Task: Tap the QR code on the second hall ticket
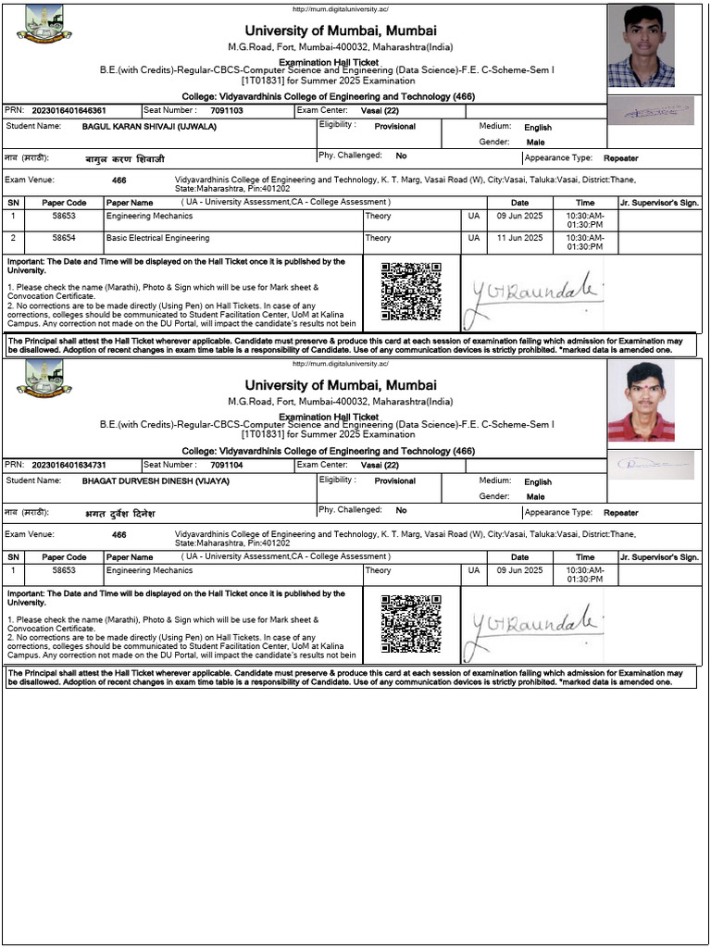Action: click(x=411, y=624)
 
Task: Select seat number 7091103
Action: click(x=227, y=110)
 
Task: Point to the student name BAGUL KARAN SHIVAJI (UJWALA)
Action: click(x=149, y=126)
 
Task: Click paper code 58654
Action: click(x=64, y=238)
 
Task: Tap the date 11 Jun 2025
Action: click(x=519, y=238)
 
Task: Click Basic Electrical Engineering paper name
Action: click(x=157, y=238)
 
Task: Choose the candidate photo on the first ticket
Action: click(x=641, y=45)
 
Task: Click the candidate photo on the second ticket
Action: click(x=641, y=401)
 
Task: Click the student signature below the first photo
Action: click(x=656, y=111)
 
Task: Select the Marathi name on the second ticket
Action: click(x=119, y=513)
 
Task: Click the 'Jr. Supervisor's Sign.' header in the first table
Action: click(x=659, y=202)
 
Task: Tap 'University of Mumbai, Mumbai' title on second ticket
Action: click(x=341, y=385)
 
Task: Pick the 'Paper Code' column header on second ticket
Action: click(x=64, y=557)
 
